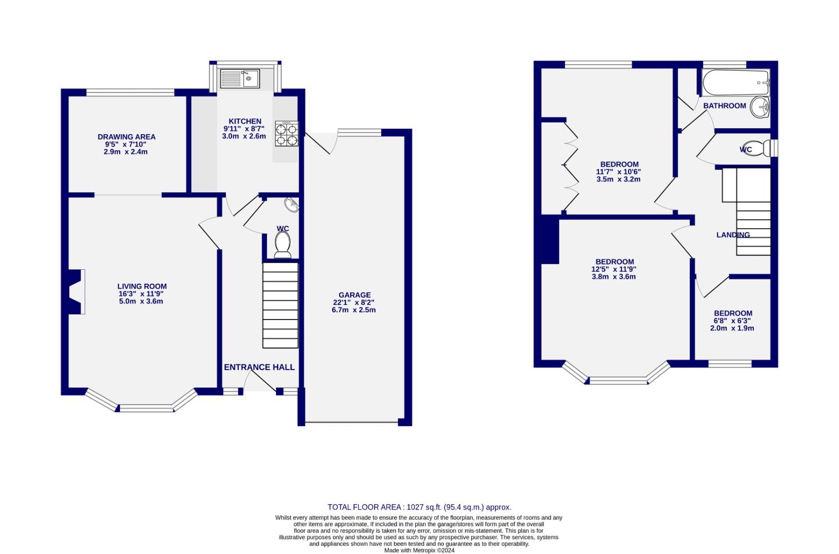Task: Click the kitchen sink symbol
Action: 240,78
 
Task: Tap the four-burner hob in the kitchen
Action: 286,133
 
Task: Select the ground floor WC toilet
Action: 283,244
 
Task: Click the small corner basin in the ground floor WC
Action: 293,205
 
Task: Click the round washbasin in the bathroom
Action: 759,107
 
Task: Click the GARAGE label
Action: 354,295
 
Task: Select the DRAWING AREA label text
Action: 126,137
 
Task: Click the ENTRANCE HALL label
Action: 259,367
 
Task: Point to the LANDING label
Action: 733,235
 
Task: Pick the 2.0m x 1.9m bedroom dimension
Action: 732,328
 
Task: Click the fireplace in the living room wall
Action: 76,291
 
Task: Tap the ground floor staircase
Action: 280,305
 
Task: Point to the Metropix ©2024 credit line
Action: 419,550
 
